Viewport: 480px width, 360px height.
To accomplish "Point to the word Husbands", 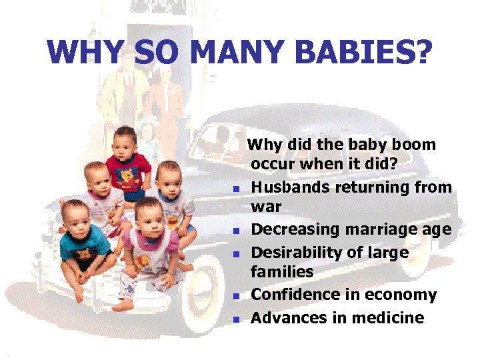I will click(286, 187).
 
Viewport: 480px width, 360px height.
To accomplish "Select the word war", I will click(265, 207).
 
